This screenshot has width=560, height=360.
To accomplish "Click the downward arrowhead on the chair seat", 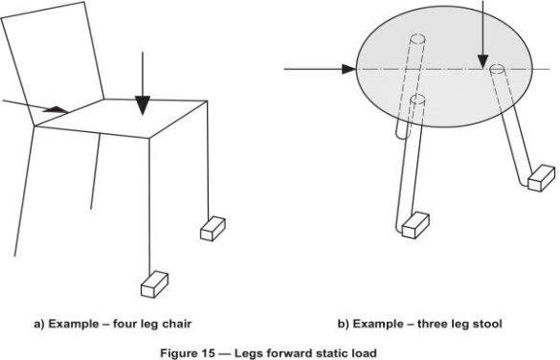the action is (x=143, y=105).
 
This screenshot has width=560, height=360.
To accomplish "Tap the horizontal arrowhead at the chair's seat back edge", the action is (x=56, y=110).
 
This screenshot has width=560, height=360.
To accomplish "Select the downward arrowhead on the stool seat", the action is (x=482, y=61).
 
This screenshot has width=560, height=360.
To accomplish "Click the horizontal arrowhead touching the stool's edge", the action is (x=349, y=69).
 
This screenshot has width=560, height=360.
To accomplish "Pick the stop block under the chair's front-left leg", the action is (x=155, y=284).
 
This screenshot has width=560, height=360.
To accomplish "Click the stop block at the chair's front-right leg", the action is (x=213, y=229).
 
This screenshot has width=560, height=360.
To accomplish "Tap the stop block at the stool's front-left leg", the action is (x=415, y=225).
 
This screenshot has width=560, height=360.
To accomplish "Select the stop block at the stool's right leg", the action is (x=542, y=178).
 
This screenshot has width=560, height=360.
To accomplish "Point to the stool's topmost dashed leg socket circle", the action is (x=418, y=38).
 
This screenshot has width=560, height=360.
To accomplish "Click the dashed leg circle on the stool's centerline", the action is (x=497, y=68).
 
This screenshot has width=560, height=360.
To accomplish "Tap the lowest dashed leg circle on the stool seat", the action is (x=417, y=99).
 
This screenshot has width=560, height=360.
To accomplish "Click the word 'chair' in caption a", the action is (x=177, y=324).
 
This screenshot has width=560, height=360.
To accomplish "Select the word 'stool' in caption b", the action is (x=488, y=324).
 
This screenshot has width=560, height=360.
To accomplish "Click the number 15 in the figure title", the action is (x=207, y=353).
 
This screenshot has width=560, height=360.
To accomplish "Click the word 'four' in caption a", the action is (x=123, y=324).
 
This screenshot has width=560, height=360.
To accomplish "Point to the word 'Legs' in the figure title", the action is (x=246, y=353).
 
